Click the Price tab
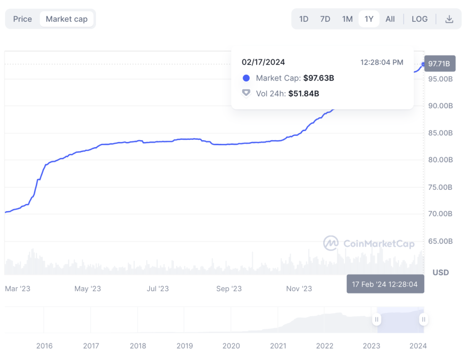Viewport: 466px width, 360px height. (22, 19)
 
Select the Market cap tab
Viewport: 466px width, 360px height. (66, 19)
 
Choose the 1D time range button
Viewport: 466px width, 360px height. (304, 19)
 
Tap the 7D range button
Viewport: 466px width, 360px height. (325, 19)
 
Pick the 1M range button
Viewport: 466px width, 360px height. (347, 19)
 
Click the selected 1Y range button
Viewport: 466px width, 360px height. (369, 19)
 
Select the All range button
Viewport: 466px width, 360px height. (390, 19)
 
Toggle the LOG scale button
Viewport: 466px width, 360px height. (419, 19)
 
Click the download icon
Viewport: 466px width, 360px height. (449, 19)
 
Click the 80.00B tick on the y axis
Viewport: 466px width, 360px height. (440, 160)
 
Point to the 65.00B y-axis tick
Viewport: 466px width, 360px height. (440, 241)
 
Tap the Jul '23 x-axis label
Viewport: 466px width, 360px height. (158, 289)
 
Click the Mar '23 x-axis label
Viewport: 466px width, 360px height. (17, 289)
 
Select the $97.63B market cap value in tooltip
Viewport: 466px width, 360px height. (319, 78)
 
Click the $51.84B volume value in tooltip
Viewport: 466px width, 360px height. (304, 93)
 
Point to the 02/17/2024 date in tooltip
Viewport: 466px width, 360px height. (263, 62)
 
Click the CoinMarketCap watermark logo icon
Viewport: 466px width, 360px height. (331, 243)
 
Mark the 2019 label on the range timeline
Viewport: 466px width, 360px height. (185, 346)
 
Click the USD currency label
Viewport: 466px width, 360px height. (441, 273)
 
